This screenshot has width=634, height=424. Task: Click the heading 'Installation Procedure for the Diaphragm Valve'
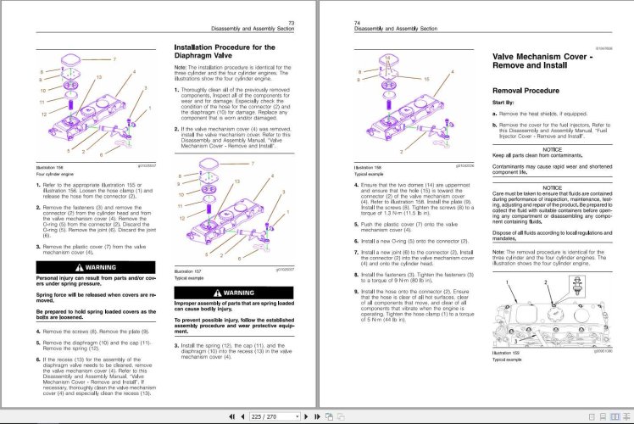point(224,53)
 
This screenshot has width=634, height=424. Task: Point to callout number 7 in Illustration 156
point(114,61)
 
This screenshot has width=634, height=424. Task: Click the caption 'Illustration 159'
point(507,352)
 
